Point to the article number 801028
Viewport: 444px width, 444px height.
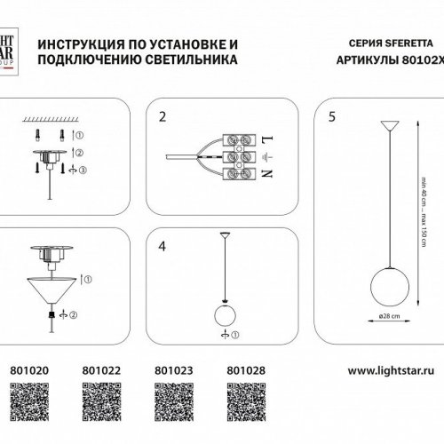(x=243, y=364)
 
